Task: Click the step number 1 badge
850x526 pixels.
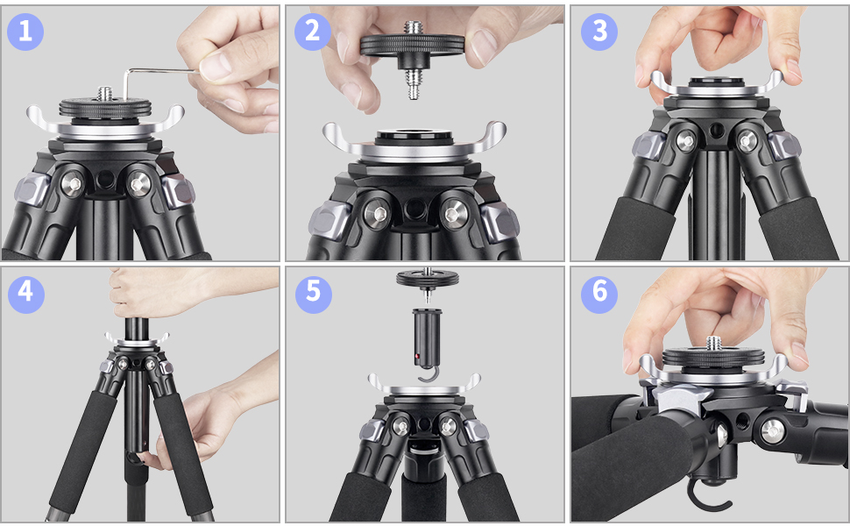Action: [x=25, y=32]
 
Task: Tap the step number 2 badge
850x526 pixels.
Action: [x=312, y=32]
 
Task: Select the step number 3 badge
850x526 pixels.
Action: [x=599, y=32]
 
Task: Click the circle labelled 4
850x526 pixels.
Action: [x=25, y=292]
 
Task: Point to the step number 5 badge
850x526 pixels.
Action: [x=312, y=292]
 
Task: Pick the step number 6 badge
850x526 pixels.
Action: [x=599, y=292]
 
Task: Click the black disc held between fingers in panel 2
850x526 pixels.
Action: [x=413, y=44]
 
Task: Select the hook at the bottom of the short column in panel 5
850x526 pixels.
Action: [x=426, y=375]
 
